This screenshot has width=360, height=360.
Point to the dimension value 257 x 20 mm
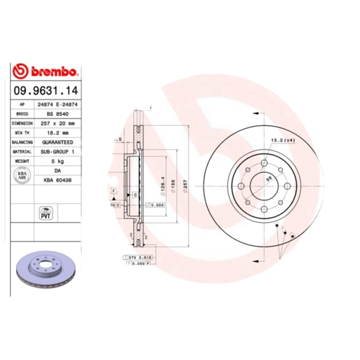[58, 123]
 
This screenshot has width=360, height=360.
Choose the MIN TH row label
[22, 133]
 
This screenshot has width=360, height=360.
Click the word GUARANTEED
[58, 142]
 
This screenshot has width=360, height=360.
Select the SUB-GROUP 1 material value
[58, 152]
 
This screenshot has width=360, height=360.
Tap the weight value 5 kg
[58, 161]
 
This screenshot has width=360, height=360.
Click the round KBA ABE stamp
[22, 175]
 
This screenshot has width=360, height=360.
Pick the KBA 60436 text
[58, 180]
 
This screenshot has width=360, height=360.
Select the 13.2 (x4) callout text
[283, 140]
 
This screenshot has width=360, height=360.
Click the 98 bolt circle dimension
[269, 178]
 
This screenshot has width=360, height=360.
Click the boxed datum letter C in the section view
[135, 195]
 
